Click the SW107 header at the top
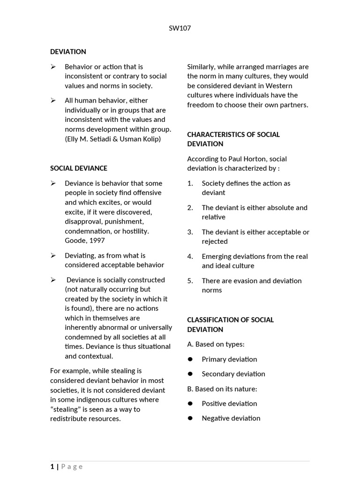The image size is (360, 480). click(x=180, y=28)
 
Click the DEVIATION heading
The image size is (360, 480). click(x=68, y=52)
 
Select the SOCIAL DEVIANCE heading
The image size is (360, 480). click(x=79, y=168)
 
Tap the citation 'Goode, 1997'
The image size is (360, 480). click(x=85, y=240)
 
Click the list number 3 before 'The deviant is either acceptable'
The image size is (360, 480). click(x=190, y=232)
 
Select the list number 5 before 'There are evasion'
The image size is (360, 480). click(x=190, y=281)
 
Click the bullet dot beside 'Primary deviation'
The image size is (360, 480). click(x=190, y=359)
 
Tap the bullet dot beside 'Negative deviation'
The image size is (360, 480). click(x=190, y=418)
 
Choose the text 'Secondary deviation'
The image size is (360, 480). click(x=233, y=374)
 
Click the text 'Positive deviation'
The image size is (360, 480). click(x=229, y=403)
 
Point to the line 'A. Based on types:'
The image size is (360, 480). click(x=216, y=344)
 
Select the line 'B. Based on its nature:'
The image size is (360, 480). click(x=222, y=389)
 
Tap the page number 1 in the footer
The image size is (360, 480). click(x=52, y=466)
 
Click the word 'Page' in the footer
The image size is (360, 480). click(x=72, y=466)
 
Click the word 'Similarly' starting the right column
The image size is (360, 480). click(x=201, y=67)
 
